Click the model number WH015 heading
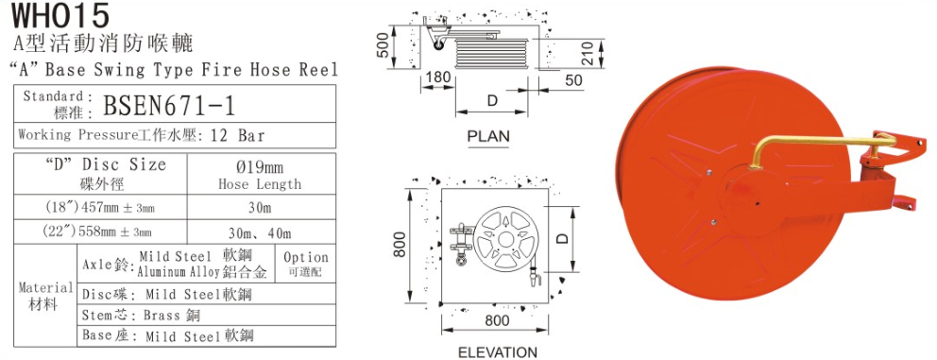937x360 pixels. click(61, 15)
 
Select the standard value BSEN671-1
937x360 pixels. click(169, 106)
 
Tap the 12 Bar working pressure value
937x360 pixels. click(238, 135)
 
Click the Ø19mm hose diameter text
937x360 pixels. click(259, 165)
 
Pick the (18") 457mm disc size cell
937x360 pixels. click(100, 208)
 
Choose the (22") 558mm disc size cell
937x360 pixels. click(100, 232)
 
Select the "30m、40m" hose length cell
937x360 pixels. click(260, 233)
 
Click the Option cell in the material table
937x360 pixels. click(306, 263)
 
